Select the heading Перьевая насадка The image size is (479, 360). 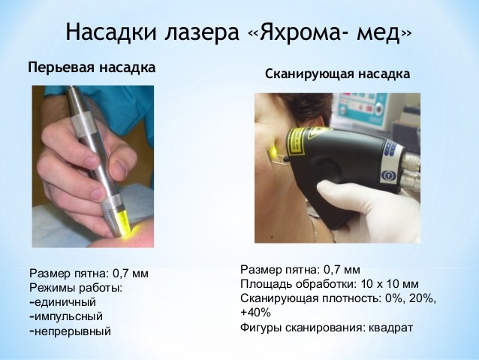(x=92, y=68)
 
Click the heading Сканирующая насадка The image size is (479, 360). (x=337, y=74)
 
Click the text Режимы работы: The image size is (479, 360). (x=76, y=288)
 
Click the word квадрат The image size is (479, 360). (x=390, y=328)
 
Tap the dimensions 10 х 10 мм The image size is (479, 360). (x=390, y=284)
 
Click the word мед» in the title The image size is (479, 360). (x=384, y=32)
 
